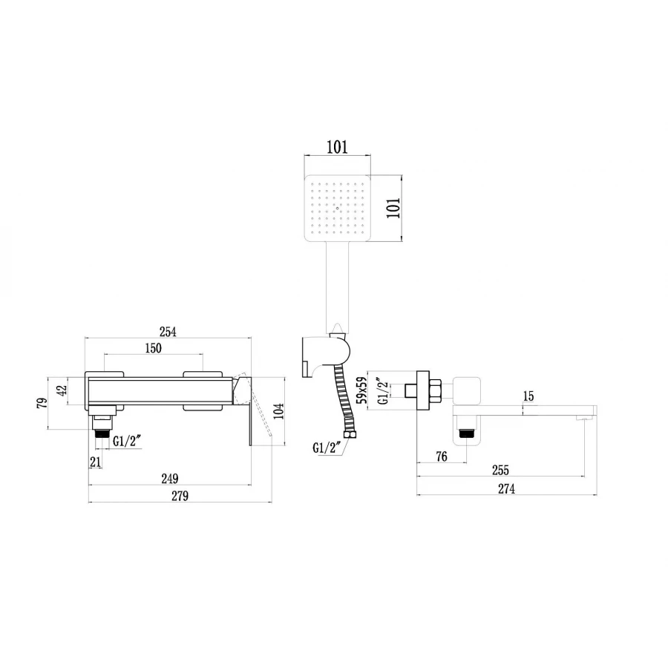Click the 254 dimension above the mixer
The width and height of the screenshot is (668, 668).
(x=169, y=333)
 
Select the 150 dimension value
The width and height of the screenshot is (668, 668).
(x=153, y=348)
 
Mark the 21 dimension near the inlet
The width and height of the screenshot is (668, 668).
(x=95, y=462)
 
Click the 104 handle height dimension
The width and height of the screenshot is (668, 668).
(x=278, y=410)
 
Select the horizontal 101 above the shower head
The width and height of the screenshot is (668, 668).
(x=337, y=147)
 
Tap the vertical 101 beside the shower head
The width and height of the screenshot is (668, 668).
(x=393, y=207)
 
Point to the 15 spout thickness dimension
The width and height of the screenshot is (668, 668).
(x=528, y=396)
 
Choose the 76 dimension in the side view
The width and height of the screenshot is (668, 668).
(x=441, y=457)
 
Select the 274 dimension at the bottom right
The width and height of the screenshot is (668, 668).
(x=506, y=488)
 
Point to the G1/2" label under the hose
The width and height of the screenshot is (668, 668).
(x=326, y=448)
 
